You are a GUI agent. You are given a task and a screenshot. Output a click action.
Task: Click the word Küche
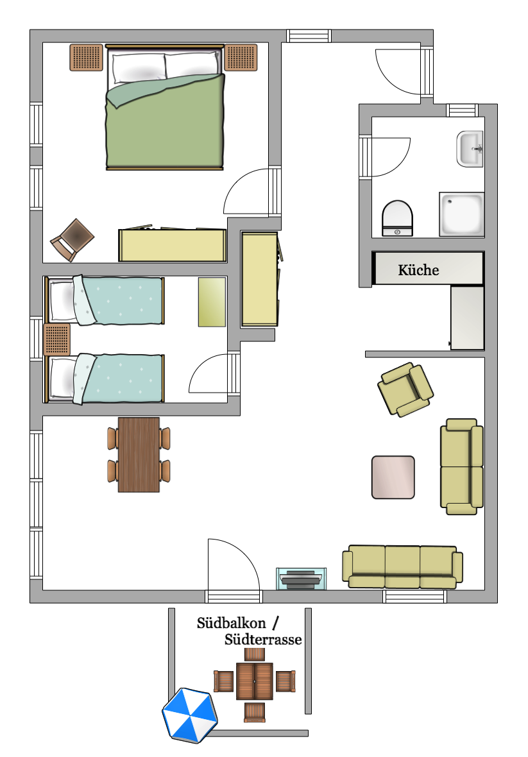tap(418, 270)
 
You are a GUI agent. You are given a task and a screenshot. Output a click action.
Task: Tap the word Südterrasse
tap(263, 640)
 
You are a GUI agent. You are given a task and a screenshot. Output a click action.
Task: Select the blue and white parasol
tap(190, 715)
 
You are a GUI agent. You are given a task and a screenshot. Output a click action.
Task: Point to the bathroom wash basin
tap(470, 149)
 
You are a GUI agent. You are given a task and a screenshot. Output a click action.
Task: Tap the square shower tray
tap(461, 214)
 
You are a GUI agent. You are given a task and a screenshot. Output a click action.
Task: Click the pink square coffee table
tap(393, 477)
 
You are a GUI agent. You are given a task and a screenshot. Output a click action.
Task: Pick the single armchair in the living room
tap(405, 389)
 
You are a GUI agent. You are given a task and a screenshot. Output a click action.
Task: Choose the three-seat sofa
tap(402, 566)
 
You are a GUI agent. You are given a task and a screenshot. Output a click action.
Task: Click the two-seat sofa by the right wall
tap(461, 466)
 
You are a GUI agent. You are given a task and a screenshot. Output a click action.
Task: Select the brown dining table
tap(139, 454)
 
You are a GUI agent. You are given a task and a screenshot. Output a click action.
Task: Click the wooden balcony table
tap(255, 681)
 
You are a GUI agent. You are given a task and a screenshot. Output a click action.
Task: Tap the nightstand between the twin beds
tap(56, 340)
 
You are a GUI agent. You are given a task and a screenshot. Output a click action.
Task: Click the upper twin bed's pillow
tap(62, 301)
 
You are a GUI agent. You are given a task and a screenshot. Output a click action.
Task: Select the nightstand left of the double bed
tap(86, 57)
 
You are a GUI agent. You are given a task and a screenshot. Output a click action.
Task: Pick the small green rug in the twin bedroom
tap(212, 302)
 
